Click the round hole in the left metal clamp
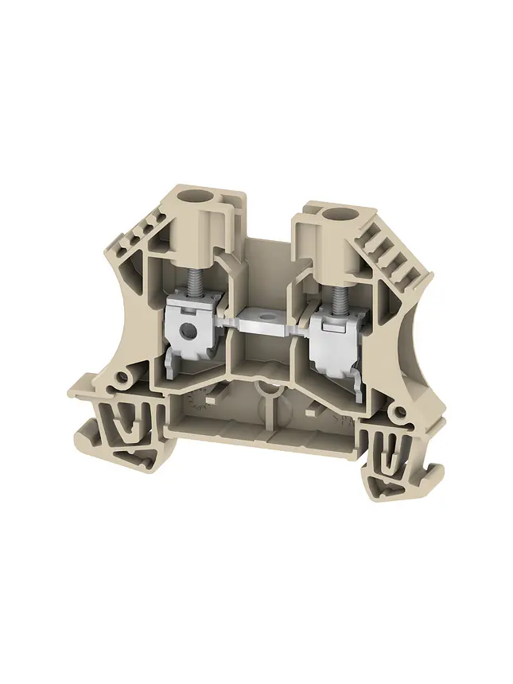pos(188,328)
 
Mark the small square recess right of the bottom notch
pos(307,414)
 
